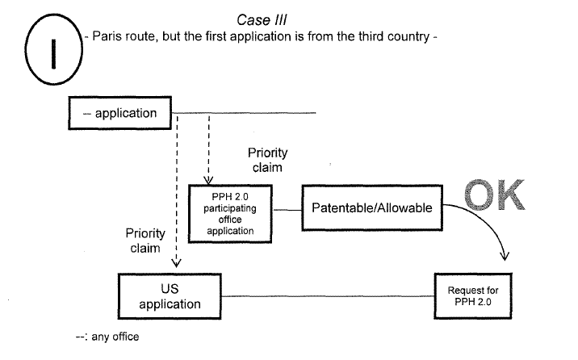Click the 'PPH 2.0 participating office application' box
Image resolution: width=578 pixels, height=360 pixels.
pos(230,211)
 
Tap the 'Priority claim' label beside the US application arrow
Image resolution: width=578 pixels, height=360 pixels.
pos(146,241)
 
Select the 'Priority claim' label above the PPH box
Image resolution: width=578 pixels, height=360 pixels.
pos(267,160)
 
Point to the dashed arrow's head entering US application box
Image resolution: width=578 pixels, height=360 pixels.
pos(177,262)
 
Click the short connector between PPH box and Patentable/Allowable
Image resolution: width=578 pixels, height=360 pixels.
pos(287,210)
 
